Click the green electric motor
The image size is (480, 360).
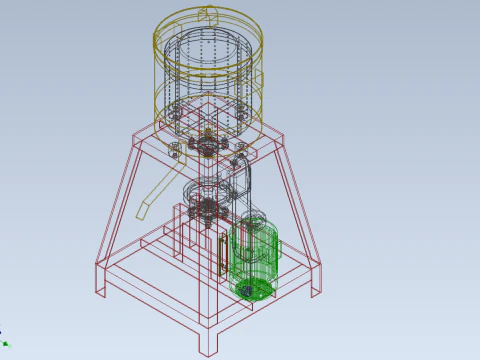click(x=255, y=258)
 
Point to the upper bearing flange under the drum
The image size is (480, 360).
click(x=209, y=147)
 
